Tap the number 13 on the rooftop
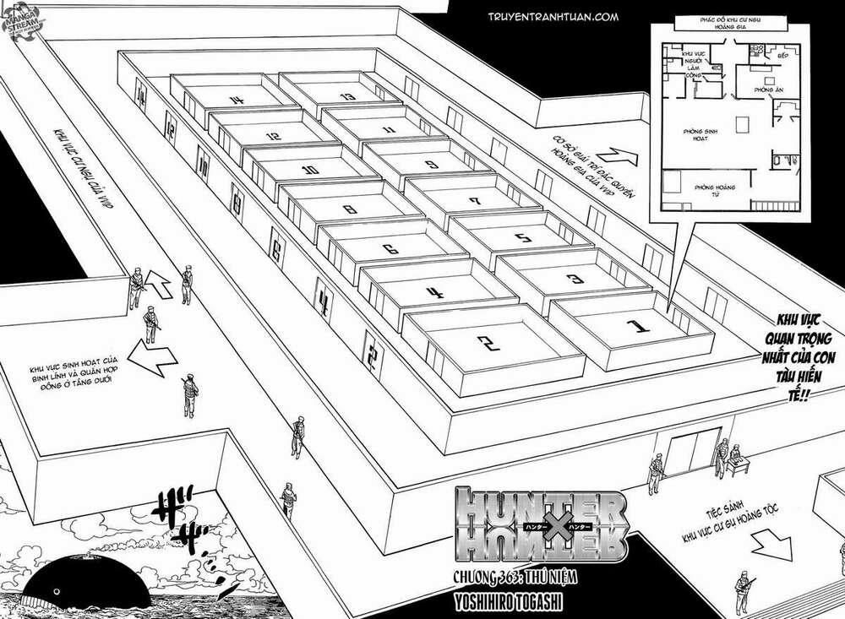point(345,96)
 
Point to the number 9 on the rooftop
point(431,164)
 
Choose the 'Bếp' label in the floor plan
point(782,52)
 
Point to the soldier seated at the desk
point(724,457)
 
